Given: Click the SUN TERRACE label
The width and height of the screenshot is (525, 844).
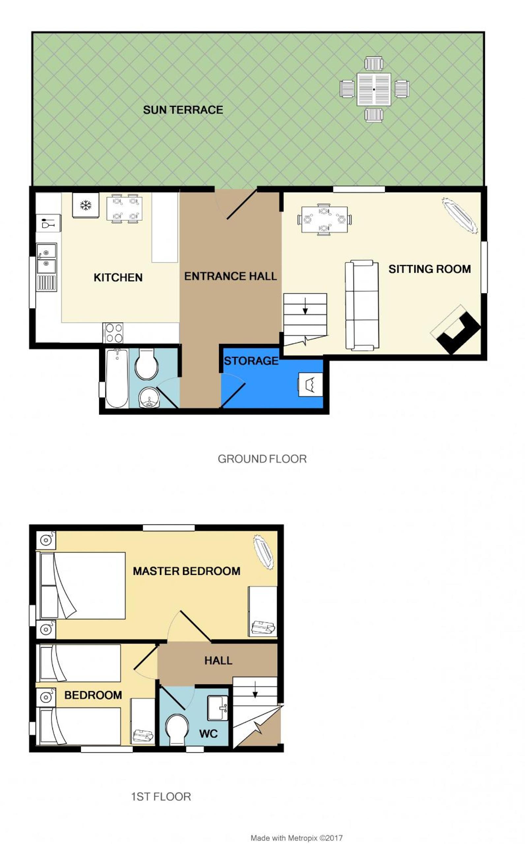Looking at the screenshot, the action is (183, 110).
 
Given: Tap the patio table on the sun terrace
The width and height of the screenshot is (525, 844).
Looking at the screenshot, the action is (374, 89).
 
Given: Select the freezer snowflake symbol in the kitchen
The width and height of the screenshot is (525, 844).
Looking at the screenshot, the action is (86, 205).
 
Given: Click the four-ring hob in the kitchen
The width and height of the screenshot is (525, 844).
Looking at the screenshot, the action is (113, 332).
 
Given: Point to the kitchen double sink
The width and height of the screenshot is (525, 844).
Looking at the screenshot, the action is (46, 258).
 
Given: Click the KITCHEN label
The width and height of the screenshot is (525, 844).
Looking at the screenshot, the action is (118, 277).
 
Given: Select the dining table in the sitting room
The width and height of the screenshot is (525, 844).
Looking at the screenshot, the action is (324, 219).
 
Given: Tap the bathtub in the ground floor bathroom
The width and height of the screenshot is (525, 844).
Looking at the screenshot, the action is (117, 378).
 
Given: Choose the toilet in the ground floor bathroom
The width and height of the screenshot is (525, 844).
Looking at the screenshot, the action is (146, 364).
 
